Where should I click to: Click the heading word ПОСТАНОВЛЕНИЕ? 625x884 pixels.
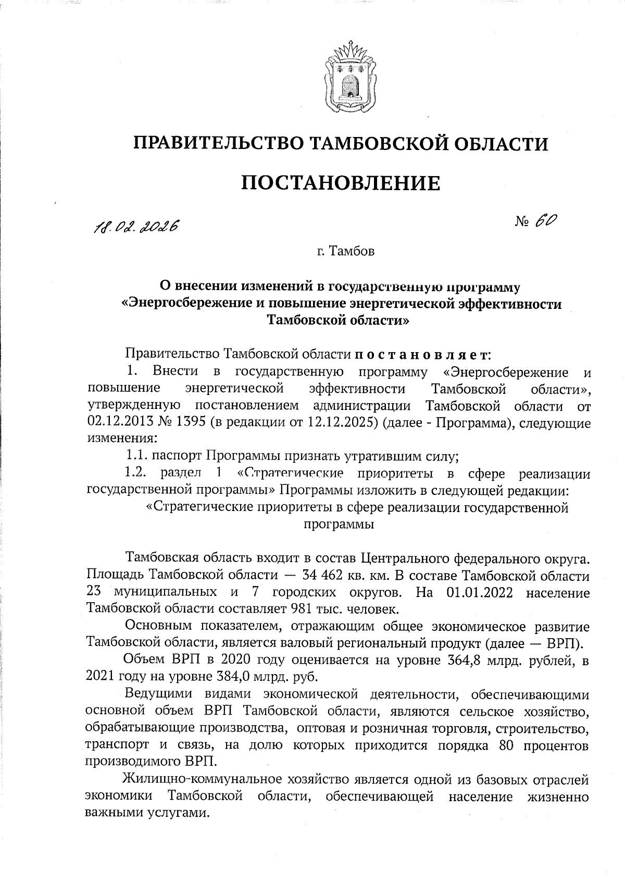coord(342,183)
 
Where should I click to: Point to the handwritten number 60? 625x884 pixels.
coord(545,221)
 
